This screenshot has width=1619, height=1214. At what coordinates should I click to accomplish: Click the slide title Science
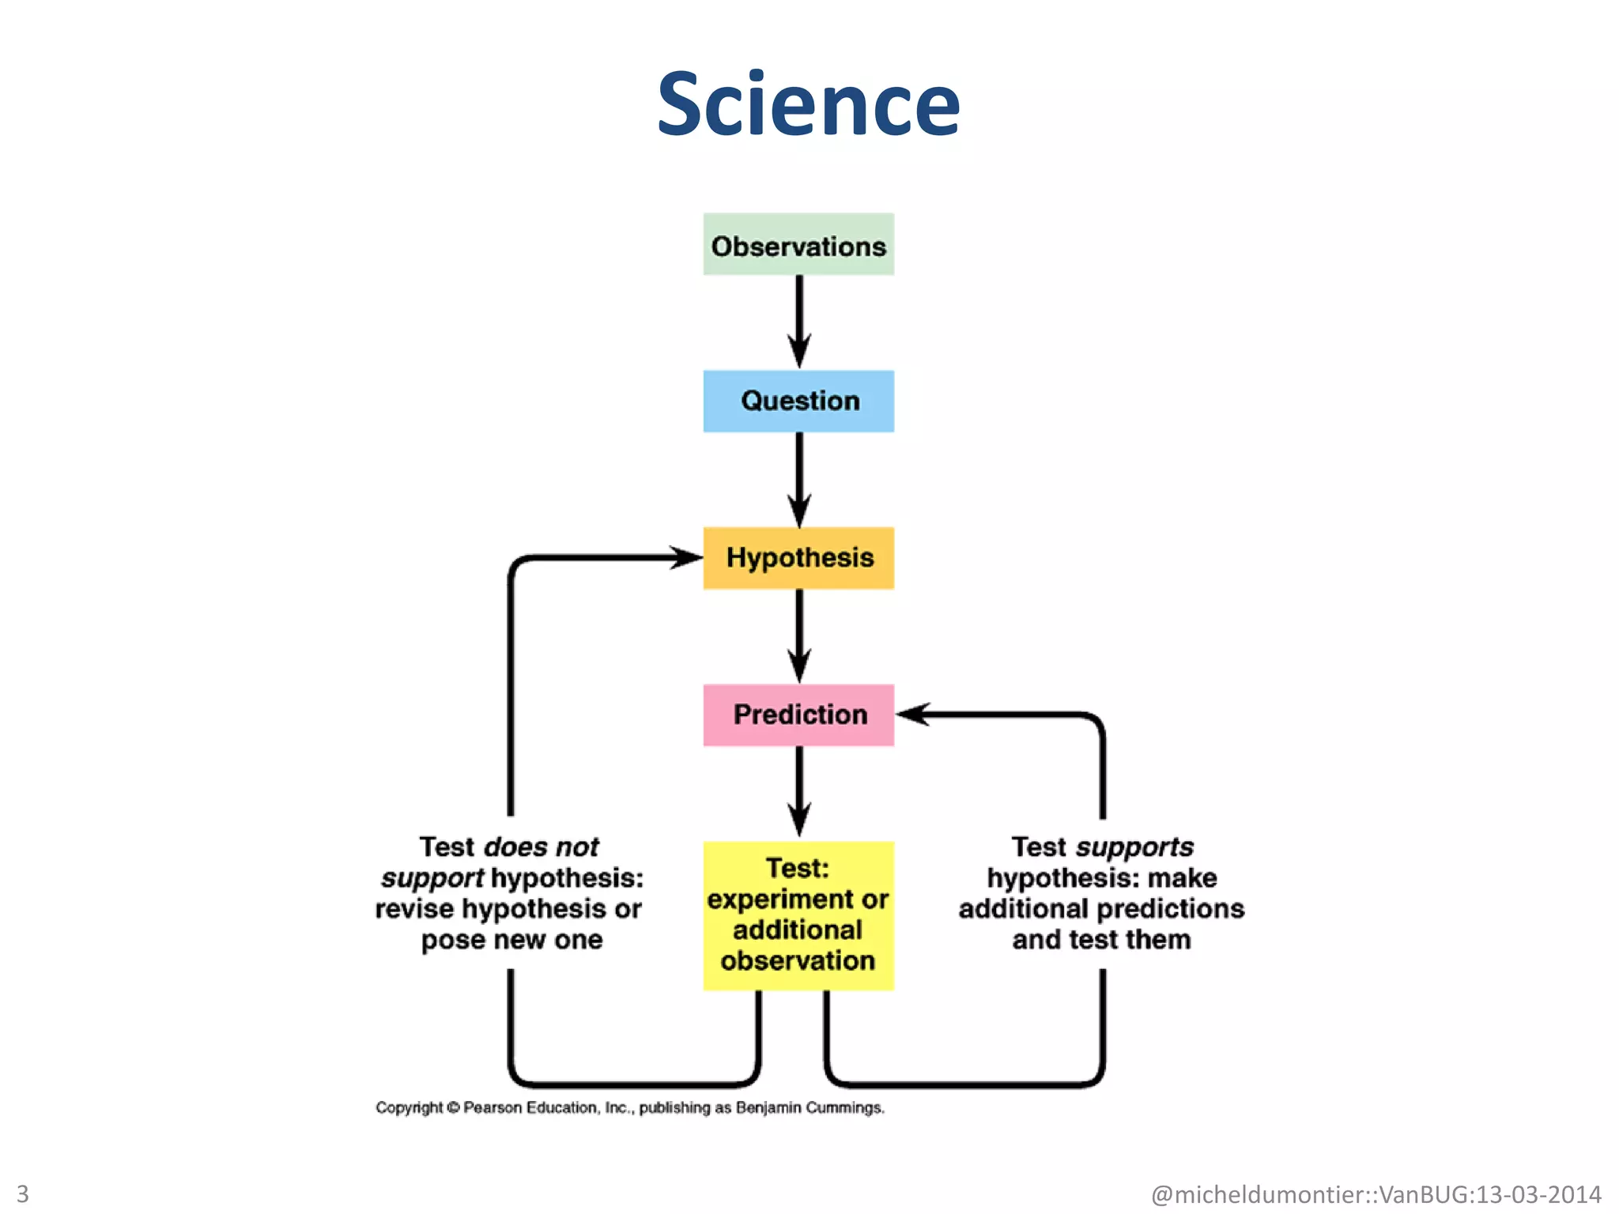[x=808, y=104]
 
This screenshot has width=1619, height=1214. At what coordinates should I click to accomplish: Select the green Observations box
[x=798, y=245]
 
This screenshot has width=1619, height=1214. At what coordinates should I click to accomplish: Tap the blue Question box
[x=798, y=401]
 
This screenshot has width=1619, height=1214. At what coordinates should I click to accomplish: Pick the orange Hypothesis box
[x=798, y=558]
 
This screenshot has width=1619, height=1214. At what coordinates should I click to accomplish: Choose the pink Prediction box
[x=798, y=714]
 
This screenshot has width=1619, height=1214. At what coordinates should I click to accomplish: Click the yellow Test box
[x=798, y=915]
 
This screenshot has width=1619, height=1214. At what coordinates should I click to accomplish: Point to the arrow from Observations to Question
[x=799, y=320]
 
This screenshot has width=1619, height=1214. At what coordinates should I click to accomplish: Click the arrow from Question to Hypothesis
[x=799, y=478]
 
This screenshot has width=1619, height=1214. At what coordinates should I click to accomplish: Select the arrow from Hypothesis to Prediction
[x=799, y=635]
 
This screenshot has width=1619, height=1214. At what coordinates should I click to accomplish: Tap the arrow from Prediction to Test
[x=799, y=790]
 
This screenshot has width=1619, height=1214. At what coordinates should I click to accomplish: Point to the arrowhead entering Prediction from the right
[x=913, y=714]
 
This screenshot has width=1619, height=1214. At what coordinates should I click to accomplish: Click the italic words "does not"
[x=542, y=847]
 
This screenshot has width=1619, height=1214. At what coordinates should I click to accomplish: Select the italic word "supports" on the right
[x=1134, y=847]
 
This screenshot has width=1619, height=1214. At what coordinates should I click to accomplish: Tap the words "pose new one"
[x=511, y=941]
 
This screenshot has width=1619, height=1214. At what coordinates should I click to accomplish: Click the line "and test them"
[x=1101, y=940]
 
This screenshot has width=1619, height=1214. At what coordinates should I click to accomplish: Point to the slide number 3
[x=22, y=1193]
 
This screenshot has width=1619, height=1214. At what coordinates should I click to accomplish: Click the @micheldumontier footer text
[x=1376, y=1193]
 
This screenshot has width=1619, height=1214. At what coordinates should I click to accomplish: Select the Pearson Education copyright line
[x=630, y=1107]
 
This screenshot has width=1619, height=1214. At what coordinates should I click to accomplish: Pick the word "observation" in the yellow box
[x=798, y=961]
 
